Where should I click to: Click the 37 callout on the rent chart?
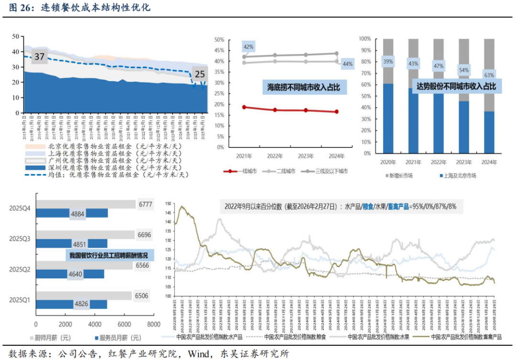pos(39,57)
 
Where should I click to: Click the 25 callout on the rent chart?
pos(200,74)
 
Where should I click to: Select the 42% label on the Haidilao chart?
pos(248,47)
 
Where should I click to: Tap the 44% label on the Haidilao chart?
pos(347,64)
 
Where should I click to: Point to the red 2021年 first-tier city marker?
pos(244,107)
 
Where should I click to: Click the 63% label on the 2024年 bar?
pos(489,74)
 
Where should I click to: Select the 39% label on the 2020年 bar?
pos(388,61)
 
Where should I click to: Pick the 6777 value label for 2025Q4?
pos(145,204)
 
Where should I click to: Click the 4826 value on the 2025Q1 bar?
pos(80,304)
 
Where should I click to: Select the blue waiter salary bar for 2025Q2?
pos(70,274)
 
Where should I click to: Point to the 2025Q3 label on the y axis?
pos(20,238)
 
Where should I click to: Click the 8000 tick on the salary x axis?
pos(154,324)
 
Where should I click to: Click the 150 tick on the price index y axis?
pos(168,203)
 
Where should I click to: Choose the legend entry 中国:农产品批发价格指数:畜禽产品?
pos(462,337)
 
